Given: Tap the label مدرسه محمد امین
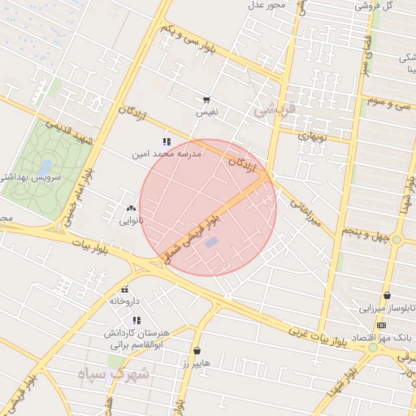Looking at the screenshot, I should click(x=167, y=153).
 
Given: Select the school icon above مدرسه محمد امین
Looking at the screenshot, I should click(x=167, y=141).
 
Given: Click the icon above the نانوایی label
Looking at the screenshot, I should click(x=132, y=209).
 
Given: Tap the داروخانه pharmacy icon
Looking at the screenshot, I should click(x=125, y=289).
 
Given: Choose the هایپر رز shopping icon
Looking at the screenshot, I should click(x=197, y=351).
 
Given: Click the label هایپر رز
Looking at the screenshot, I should click(x=197, y=362).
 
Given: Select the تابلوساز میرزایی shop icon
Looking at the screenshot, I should click(x=387, y=296).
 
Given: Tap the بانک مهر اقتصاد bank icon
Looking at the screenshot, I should click(x=382, y=325).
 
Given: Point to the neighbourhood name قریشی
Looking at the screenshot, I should click(x=272, y=110).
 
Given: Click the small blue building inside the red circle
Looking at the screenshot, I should click(x=211, y=242).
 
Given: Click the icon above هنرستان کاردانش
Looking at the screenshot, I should click(x=136, y=321).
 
